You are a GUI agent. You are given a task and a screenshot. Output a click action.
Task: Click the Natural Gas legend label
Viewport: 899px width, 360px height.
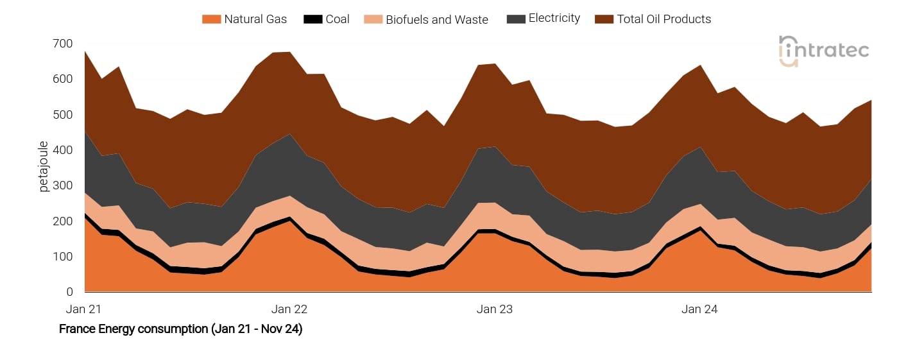pyautogui.click(x=255, y=19)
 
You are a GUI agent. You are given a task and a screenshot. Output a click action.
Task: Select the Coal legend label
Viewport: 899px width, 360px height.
pyautogui.click(x=338, y=19)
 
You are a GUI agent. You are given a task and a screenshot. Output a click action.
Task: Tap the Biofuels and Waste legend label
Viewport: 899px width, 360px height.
pyautogui.click(x=436, y=20)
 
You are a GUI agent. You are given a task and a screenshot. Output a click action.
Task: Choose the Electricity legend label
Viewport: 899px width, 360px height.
pyautogui.click(x=554, y=19)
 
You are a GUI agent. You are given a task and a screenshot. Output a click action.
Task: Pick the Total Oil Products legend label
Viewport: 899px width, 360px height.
pyautogui.click(x=664, y=19)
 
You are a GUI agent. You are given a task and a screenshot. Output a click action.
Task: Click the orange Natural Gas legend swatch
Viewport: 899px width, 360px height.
pyautogui.click(x=211, y=19)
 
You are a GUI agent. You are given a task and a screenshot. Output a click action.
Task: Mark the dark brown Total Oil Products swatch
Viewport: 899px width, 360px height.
pyautogui.click(x=604, y=19)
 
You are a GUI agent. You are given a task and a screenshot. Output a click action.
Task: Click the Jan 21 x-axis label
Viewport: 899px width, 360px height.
pyautogui.click(x=84, y=309)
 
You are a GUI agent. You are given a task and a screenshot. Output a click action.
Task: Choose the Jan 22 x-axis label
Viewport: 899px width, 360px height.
pyautogui.click(x=289, y=309)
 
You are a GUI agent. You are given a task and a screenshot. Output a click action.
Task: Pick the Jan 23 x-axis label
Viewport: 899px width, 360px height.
pyautogui.click(x=495, y=309)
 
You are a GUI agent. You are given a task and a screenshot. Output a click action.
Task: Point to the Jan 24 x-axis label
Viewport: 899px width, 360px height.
pyautogui.click(x=699, y=309)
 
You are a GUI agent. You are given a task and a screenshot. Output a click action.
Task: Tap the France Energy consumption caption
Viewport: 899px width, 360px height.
pyautogui.click(x=180, y=329)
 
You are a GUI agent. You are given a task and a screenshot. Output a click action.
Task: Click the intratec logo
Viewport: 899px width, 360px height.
pyautogui.click(x=823, y=51)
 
